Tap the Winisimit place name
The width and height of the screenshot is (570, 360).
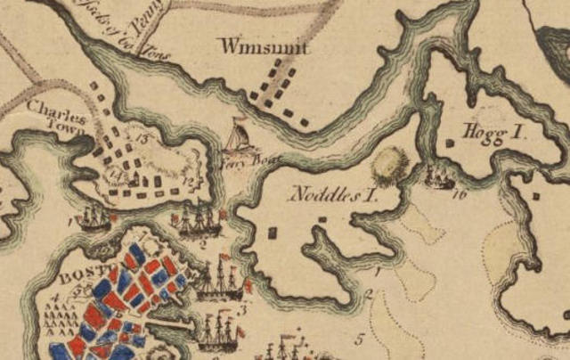pos(265,46)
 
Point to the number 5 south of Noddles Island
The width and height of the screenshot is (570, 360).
pos(360,339)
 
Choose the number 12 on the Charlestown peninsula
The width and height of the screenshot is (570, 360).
pos(188,182)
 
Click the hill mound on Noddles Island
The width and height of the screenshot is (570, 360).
pos(388,165)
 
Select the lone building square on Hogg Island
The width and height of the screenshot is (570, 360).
pos(536,195)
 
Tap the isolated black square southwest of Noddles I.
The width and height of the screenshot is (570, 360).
pos(273,233)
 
